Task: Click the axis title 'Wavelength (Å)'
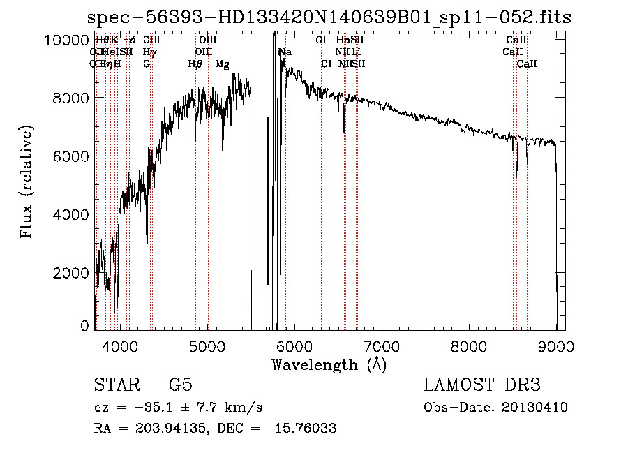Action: point(329,364)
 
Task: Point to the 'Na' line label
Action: point(285,52)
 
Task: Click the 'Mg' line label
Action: point(222,64)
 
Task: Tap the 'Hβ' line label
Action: point(195,64)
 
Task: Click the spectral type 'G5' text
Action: point(180,385)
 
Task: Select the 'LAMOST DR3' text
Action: point(482,385)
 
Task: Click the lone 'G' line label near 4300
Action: point(147,64)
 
